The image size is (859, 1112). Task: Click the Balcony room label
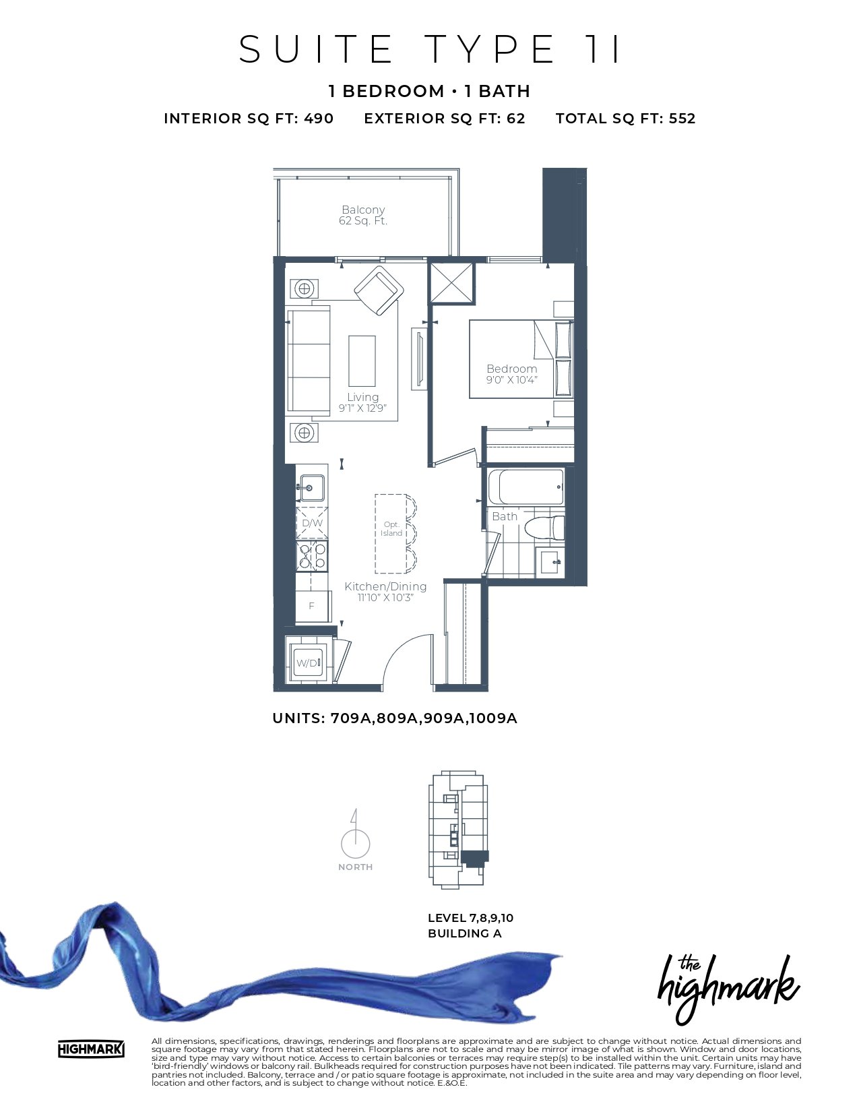click(x=362, y=210)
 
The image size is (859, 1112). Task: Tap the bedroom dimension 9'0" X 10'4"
click(x=511, y=379)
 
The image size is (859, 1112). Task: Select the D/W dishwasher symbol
click(x=312, y=523)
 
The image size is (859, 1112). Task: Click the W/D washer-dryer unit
click(x=307, y=662)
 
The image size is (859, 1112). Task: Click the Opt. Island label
click(x=391, y=528)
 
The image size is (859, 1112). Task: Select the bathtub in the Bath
click(x=526, y=486)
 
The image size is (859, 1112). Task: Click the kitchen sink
click(x=311, y=488)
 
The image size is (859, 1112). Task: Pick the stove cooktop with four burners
click(x=312, y=556)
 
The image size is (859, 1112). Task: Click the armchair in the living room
click(x=379, y=290)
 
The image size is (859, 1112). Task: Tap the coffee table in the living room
click(x=362, y=361)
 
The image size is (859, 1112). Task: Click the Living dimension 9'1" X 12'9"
click(x=362, y=408)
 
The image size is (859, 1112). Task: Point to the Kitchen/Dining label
click(x=385, y=586)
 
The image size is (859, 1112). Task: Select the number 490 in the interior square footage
click(x=319, y=119)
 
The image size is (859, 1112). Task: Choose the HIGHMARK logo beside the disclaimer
click(x=91, y=1049)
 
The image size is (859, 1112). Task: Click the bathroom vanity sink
click(x=550, y=562)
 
